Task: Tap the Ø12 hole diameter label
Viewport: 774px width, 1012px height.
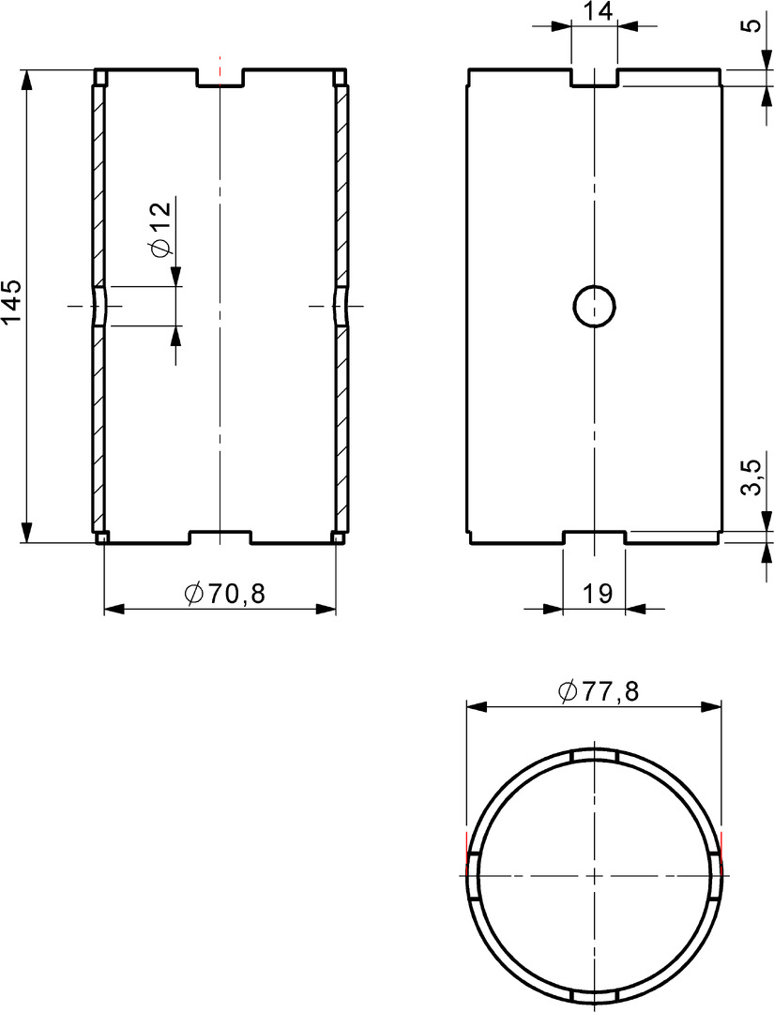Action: (159, 230)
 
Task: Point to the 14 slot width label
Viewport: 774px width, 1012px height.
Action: (597, 11)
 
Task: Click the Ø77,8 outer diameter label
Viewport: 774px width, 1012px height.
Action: (599, 691)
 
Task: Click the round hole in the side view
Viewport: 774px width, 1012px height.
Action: (595, 305)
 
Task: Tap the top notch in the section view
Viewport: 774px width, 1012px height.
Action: (220, 77)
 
